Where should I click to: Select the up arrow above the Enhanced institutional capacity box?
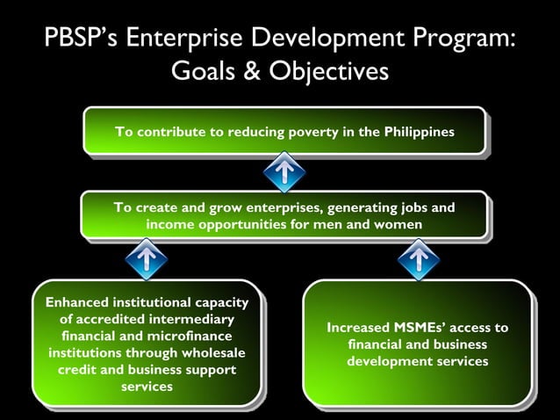point(147,257)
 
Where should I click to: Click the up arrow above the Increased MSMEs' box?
point(418,257)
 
